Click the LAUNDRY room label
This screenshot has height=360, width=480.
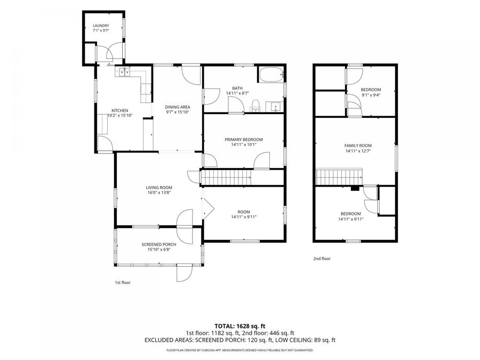tap(101, 26)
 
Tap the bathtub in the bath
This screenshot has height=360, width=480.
tap(271, 75)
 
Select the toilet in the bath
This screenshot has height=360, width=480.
tap(255, 105)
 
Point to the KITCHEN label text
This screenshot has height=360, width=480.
tap(119, 110)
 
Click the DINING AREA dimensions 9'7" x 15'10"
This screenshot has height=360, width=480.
tap(178, 112)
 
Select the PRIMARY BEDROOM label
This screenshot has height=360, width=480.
tap(244, 140)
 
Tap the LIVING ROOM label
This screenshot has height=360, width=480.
tap(159, 188)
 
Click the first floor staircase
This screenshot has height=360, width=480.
tap(226, 178)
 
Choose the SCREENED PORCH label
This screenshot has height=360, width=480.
tap(159, 245)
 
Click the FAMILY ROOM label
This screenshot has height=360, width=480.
tap(358, 146)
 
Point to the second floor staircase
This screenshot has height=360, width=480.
tap(339, 177)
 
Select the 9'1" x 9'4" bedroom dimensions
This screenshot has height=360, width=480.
tap(371, 95)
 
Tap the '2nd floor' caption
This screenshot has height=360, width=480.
tap(322, 259)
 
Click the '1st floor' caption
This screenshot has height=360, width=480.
tap(123, 283)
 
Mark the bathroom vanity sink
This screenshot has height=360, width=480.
tap(275, 107)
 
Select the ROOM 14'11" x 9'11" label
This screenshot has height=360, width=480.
tap(244, 214)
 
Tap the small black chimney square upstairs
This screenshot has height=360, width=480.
tap(355, 189)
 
